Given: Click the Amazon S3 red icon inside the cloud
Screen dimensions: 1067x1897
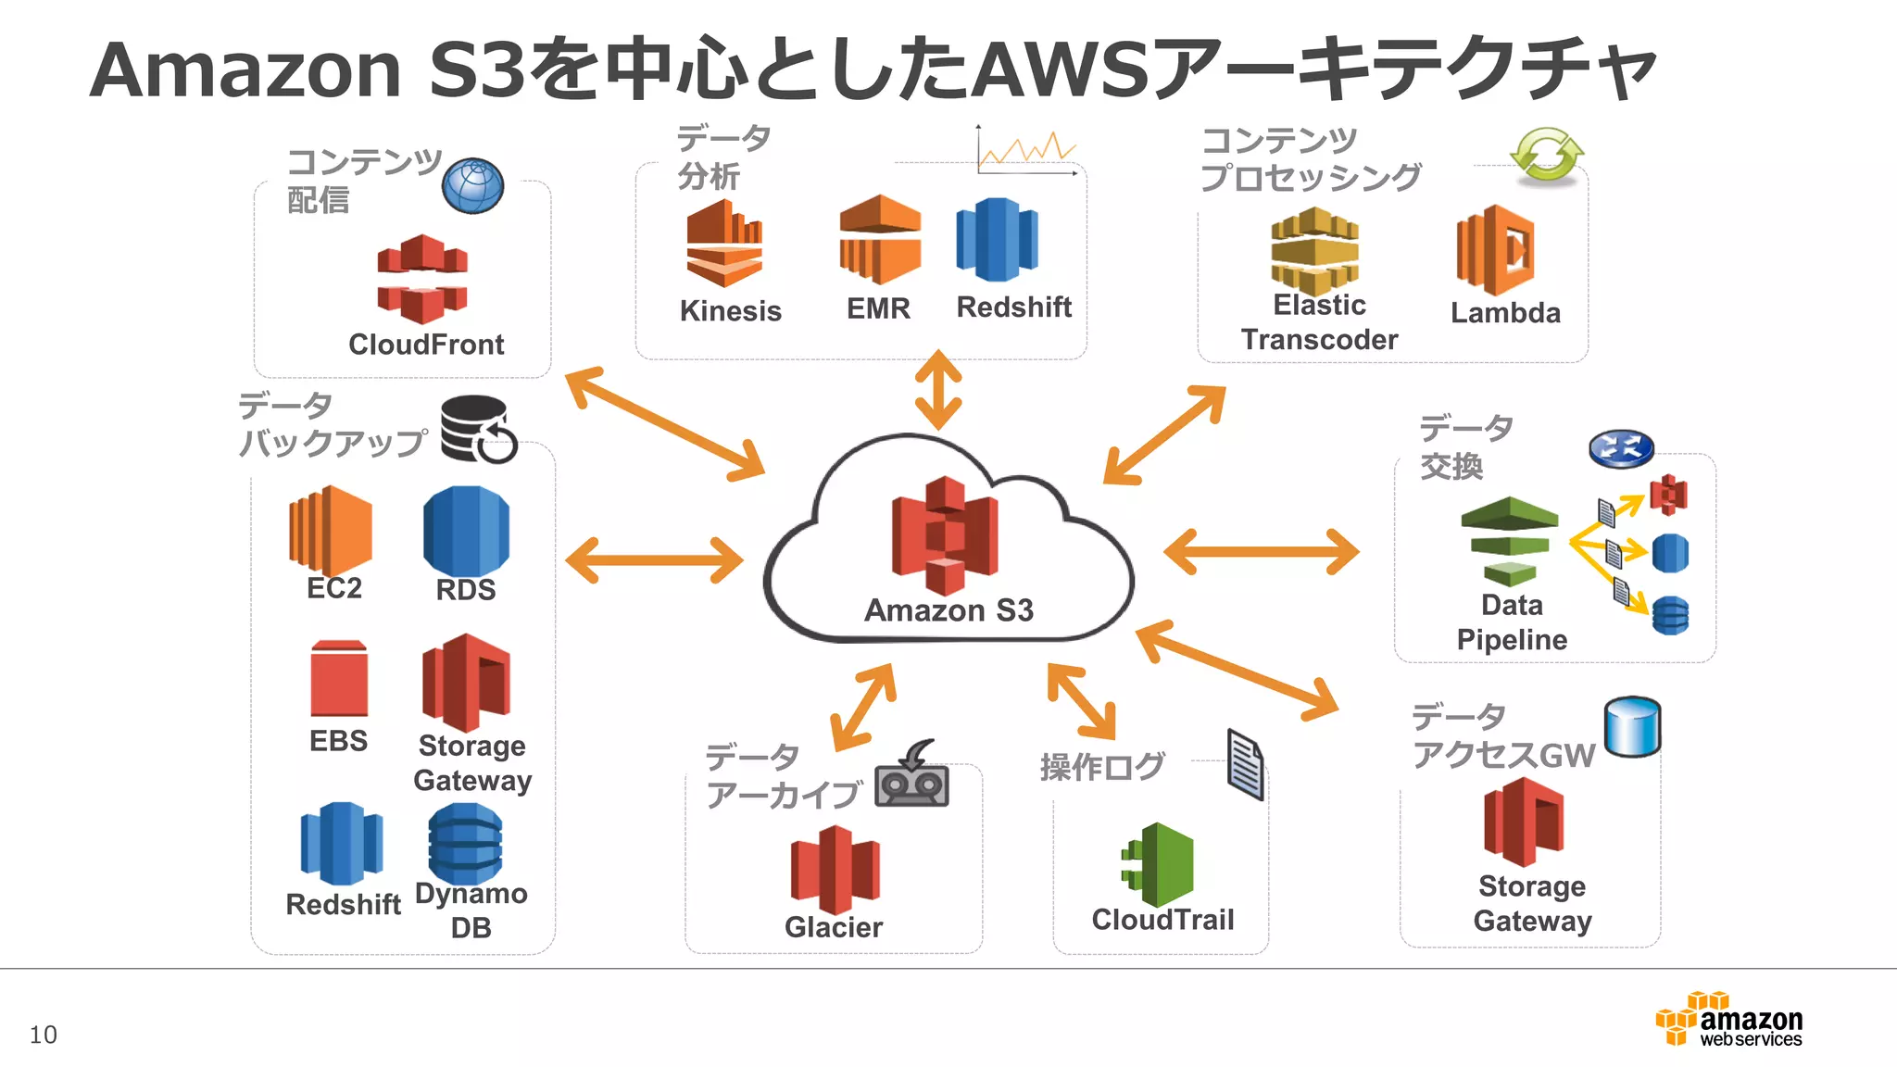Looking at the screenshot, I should click(x=945, y=535).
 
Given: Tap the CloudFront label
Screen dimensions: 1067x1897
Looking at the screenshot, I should click(x=426, y=345).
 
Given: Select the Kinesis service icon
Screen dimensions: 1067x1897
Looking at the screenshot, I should click(x=724, y=244).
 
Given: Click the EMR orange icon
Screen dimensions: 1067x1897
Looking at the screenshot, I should click(x=879, y=239).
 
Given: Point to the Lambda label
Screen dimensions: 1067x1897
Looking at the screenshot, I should click(x=1505, y=313).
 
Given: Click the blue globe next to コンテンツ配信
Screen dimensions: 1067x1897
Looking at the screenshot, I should click(x=472, y=186).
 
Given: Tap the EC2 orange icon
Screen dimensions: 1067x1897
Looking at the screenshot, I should click(x=331, y=530).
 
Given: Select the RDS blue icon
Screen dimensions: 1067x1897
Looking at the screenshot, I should click(x=466, y=531).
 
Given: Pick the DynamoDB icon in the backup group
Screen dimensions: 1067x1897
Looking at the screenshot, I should click(x=465, y=843).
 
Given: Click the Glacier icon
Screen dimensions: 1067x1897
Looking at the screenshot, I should click(x=834, y=869).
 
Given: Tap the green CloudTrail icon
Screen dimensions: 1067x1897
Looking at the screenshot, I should click(x=1159, y=864).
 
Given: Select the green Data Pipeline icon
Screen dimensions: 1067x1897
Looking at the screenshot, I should click(x=1509, y=541).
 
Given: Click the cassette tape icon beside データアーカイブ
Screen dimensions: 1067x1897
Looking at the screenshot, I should click(x=912, y=776).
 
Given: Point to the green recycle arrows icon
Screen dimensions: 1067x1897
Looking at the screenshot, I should click(x=1546, y=155).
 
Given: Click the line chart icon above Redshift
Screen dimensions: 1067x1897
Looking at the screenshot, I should click(x=1026, y=150).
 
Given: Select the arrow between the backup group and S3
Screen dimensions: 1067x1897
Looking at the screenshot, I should click(x=654, y=560).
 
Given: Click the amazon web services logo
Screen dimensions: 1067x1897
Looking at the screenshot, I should click(x=1729, y=1019).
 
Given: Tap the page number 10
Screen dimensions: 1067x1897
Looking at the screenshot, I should click(x=44, y=1035).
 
